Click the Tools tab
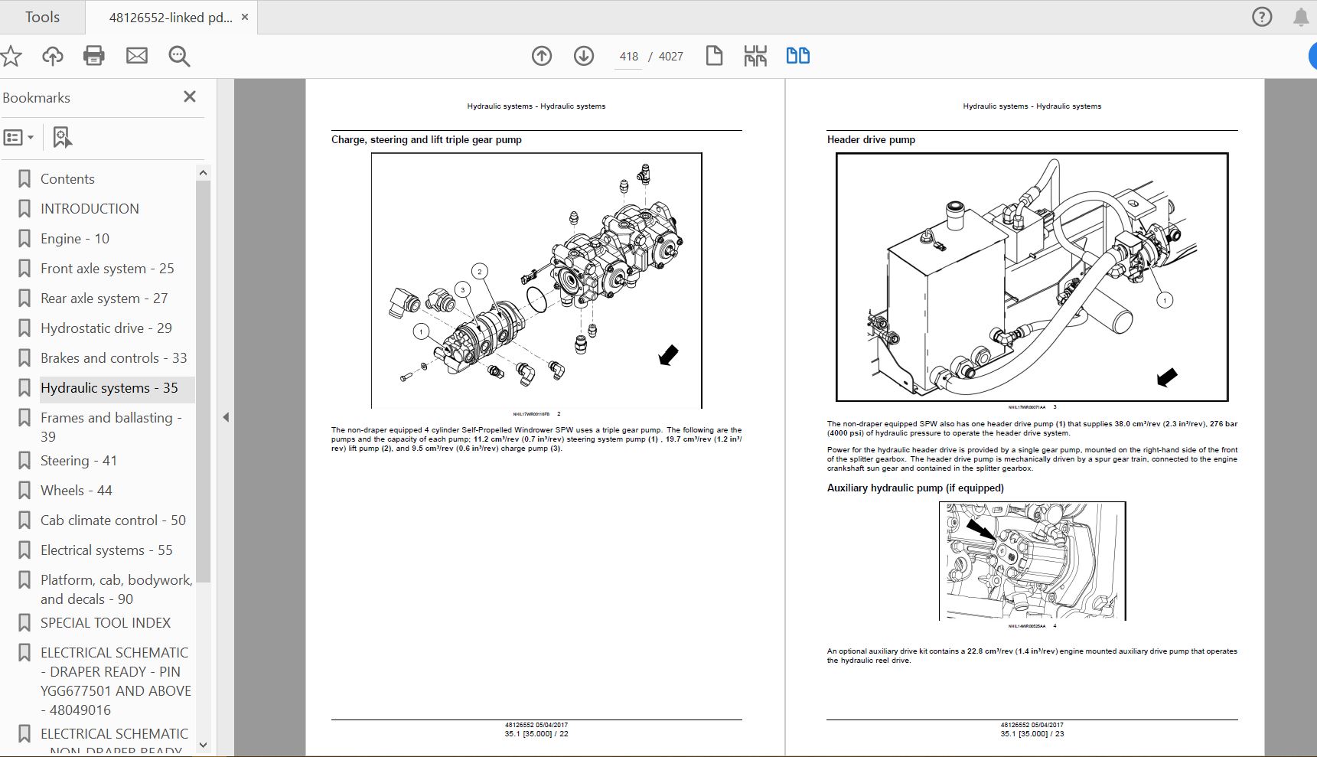coord(42,17)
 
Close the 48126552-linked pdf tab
coord(245,17)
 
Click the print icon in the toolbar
coord(94,55)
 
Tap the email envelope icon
coord(137,55)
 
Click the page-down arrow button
coord(584,55)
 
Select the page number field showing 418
coord(629,57)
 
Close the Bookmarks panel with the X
coord(190,96)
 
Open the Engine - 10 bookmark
coord(74,239)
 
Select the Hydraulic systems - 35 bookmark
coord(109,388)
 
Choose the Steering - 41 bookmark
coord(78,461)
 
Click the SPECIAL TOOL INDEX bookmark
coord(105,623)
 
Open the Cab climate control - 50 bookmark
coord(112,520)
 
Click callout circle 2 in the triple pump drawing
coord(480,271)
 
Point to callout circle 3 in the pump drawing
coord(462,289)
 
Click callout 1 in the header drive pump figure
coord(1165,300)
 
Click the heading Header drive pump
coord(871,139)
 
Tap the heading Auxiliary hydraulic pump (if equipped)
coord(914,488)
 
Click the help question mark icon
coord(1262,17)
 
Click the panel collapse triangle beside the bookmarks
coord(226,417)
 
